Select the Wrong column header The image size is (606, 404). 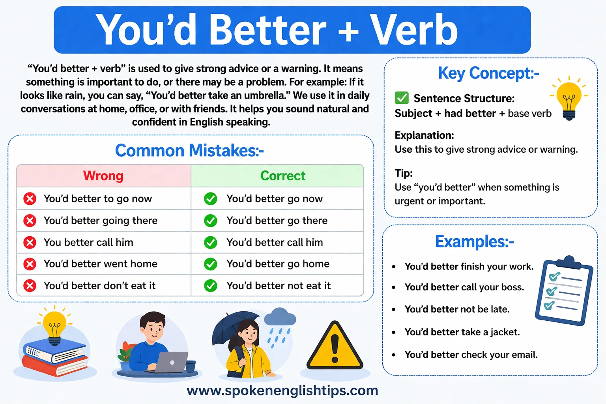click(103, 176)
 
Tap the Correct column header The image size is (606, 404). click(282, 176)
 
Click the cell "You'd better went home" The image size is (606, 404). click(100, 264)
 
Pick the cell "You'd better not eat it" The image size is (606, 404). click(278, 285)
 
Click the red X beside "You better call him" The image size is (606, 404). click(30, 242)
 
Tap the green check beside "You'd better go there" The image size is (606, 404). click(210, 221)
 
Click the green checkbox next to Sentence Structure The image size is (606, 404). click(402, 97)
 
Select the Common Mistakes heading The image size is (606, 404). click(189, 150)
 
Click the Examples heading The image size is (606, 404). click(474, 241)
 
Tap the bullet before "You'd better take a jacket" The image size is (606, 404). click(393, 333)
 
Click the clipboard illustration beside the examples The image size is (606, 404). click(564, 290)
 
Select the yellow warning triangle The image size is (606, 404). click(335, 347)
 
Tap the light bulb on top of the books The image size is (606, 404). click(54, 326)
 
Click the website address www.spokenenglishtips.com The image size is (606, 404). click(282, 390)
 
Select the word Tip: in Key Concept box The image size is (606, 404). click(403, 173)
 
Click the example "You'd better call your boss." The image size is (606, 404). click(464, 287)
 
